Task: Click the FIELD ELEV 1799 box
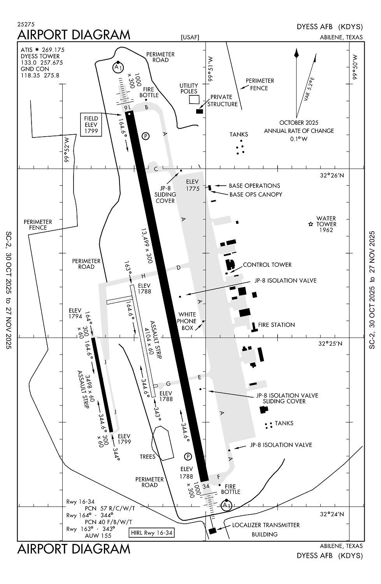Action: [91, 125]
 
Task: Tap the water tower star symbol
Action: [311, 224]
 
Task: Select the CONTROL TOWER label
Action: [267, 265]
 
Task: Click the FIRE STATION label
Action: [276, 325]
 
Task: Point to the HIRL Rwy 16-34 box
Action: [151, 533]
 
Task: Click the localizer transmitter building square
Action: [212, 531]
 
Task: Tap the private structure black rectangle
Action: [200, 111]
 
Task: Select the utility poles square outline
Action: [193, 99]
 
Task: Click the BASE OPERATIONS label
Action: [254, 186]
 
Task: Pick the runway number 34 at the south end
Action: [206, 486]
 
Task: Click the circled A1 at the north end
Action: [118, 67]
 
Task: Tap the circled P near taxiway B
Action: [146, 136]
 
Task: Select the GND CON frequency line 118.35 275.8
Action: [40, 75]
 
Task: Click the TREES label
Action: [147, 457]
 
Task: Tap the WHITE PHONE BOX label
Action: [187, 321]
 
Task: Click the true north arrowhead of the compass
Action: [297, 53]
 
